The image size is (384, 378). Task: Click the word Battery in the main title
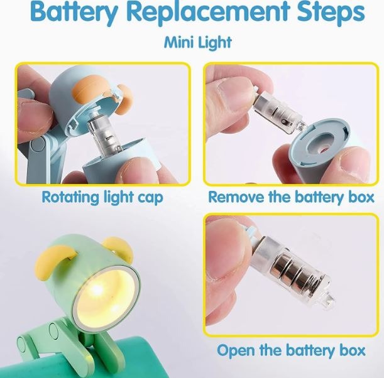[74, 11]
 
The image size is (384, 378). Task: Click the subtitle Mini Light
[198, 42]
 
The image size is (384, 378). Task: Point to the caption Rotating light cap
[102, 197]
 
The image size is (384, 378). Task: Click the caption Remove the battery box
[292, 197]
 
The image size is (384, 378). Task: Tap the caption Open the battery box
[291, 350]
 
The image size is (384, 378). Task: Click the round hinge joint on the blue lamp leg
[38, 145]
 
